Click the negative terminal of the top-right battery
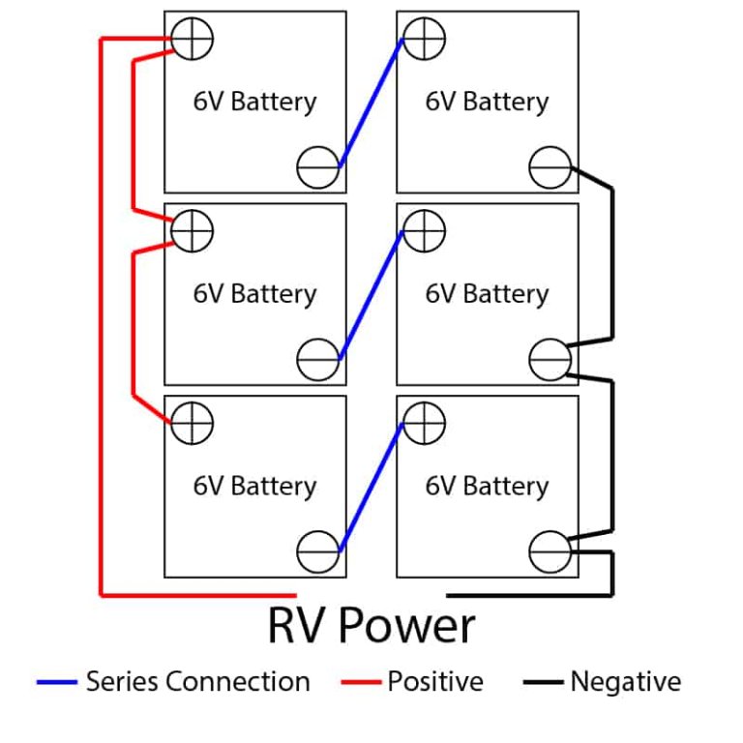550,166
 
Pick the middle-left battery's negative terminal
318,359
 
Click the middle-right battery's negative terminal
550,359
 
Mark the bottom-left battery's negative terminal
318,551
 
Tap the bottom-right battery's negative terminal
550,551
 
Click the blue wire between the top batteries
371,104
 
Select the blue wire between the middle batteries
371,295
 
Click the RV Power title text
371,625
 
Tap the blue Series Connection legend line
56,683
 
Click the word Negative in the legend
625,682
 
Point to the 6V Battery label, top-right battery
487,102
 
